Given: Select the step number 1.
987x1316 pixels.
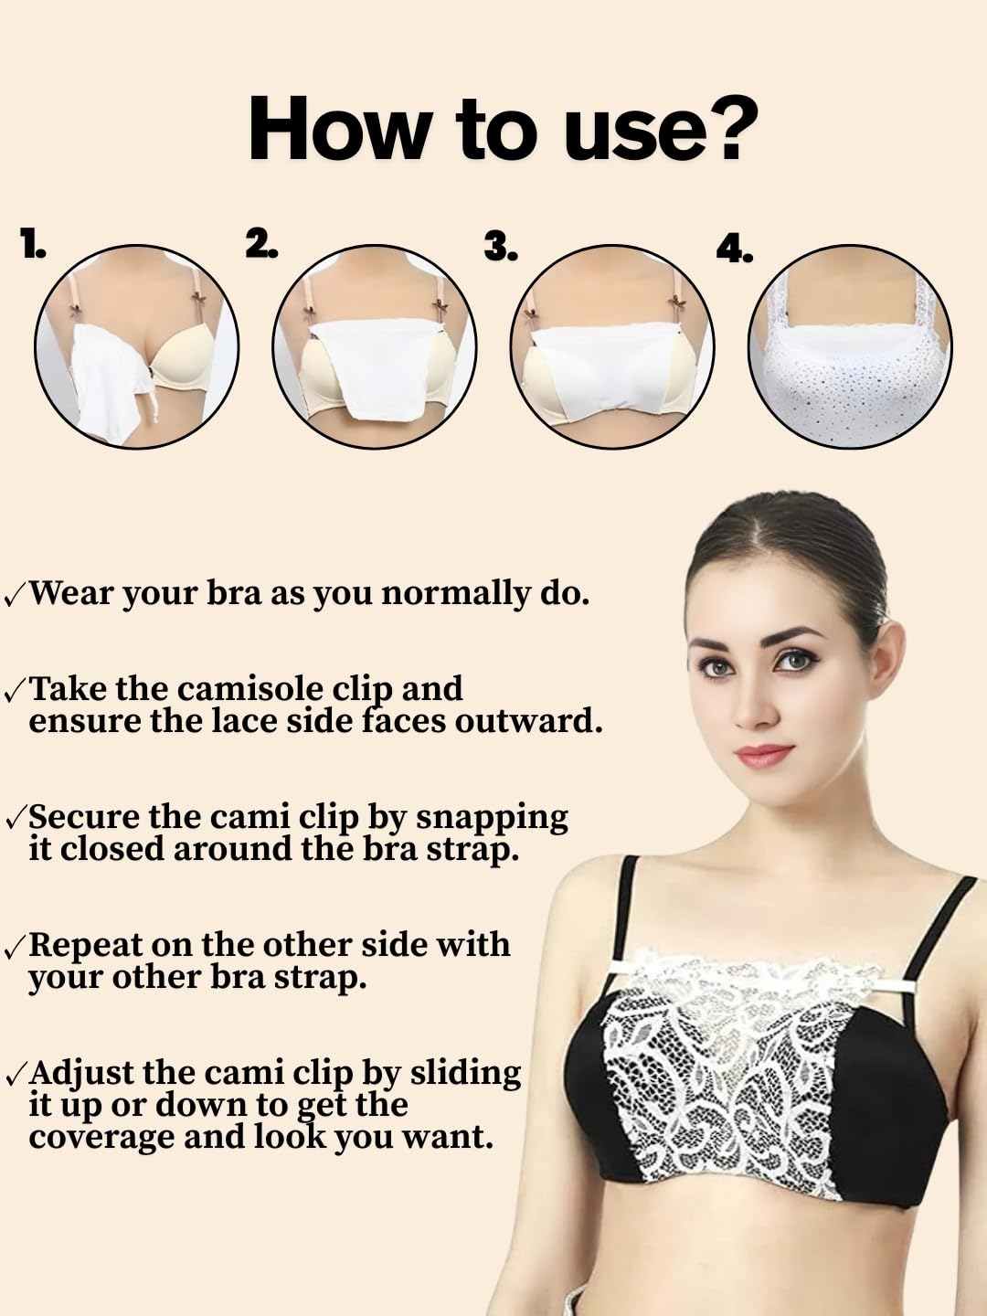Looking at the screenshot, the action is point(33,243).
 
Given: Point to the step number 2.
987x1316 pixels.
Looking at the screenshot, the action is point(261,243).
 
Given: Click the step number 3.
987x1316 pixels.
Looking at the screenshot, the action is point(501,245).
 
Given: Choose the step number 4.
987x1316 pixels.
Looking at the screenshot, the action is point(735,247).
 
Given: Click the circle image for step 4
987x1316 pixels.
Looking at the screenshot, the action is point(850,346).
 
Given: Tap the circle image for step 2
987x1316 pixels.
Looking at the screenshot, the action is point(375,346).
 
